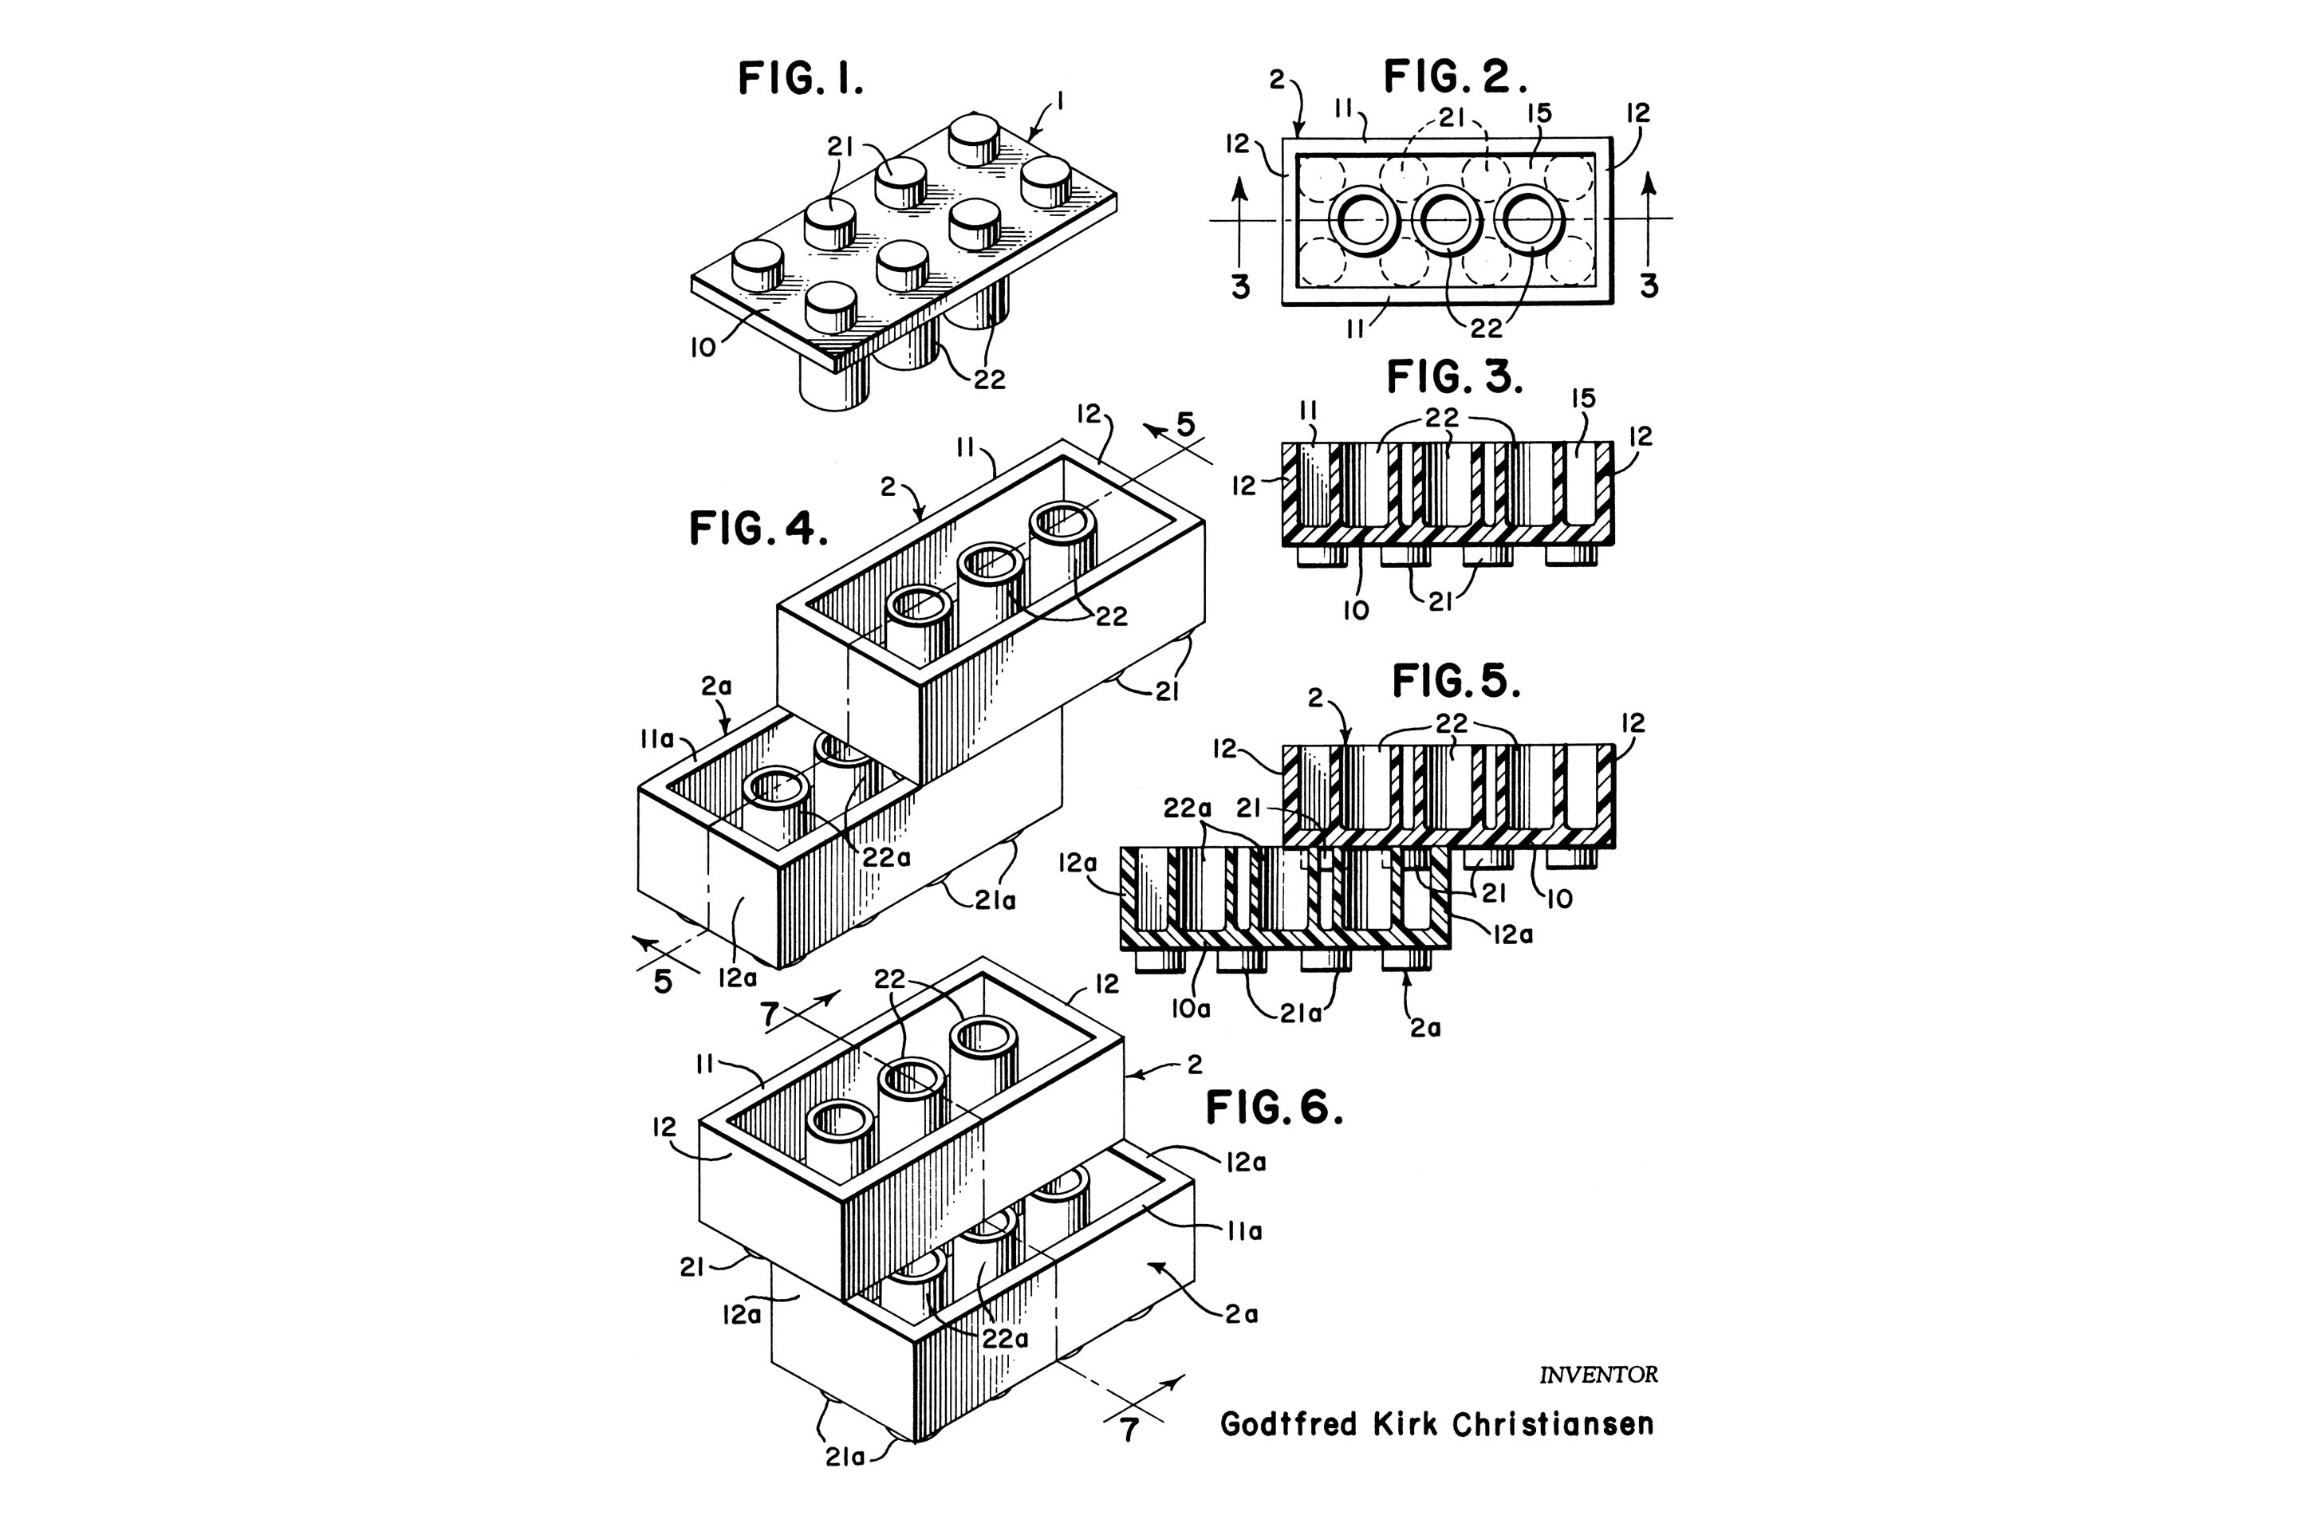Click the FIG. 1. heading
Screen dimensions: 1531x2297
[800, 79]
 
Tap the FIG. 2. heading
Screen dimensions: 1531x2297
[1455, 77]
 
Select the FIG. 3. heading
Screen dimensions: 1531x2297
[1454, 377]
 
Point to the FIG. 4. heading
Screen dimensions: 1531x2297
[758, 529]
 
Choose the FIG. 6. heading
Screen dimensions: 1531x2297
[1275, 1108]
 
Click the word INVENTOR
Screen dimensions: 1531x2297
[1598, 1375]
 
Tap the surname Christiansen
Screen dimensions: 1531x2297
[1553, 1425]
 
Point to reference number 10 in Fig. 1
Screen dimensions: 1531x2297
[703, 348]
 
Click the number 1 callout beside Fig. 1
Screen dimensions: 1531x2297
[1061, 101]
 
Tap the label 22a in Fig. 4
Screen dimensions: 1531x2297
[887, 857]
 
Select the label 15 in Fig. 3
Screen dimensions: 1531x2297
[1584, 399]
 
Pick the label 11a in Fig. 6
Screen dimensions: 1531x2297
[1243, 1231]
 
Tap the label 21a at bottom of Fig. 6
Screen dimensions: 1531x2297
[845, 1458]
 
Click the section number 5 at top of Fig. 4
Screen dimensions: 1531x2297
[1184, 425]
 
